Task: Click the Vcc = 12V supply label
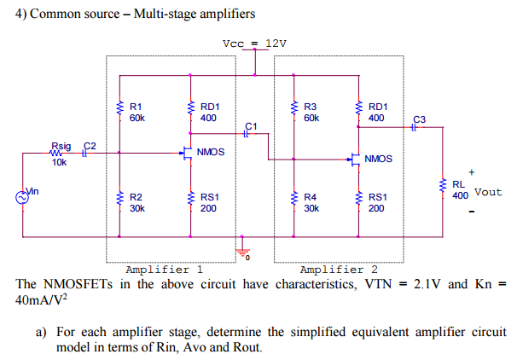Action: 254,44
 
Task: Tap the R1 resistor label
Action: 135,107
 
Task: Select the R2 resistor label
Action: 135,197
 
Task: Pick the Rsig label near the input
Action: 61,147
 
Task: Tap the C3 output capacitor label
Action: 418,118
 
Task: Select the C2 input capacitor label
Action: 88,147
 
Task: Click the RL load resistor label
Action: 458,183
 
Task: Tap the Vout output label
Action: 488,192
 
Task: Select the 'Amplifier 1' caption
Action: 164,269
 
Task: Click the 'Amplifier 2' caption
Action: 339,269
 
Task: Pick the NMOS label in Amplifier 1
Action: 211,152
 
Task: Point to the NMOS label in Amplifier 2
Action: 378,159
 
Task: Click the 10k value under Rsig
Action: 60,162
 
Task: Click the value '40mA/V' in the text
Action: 39,301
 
